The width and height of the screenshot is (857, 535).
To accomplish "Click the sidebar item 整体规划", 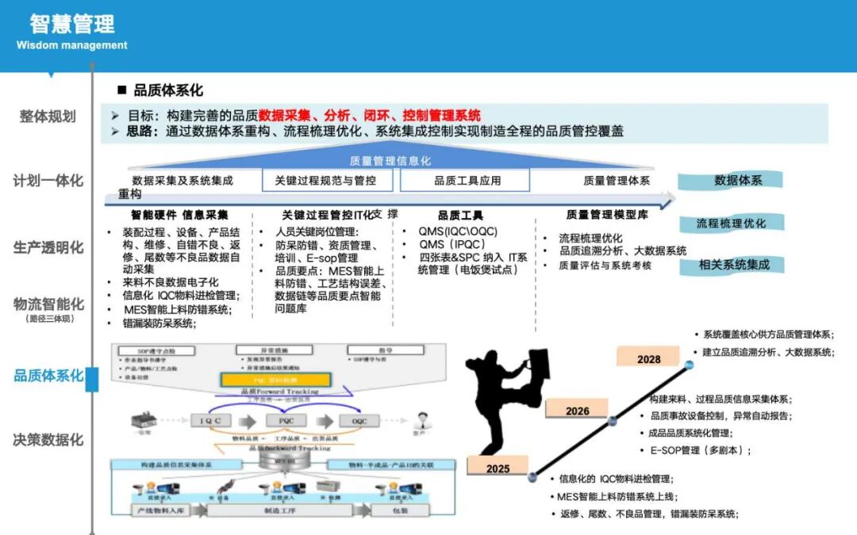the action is click(x=48, y=117).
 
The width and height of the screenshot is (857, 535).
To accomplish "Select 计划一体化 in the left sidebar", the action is click(x=48, y=180).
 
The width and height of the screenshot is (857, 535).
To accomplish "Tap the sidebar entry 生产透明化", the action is click(x=48, y=247).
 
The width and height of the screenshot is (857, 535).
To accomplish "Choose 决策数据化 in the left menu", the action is click(x=48, y=440).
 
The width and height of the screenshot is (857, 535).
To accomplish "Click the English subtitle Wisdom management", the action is click(x=71, y=45).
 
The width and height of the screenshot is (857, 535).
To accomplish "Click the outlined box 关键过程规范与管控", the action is click(x=330, y=180).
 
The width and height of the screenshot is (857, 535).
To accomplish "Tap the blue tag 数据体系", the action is click(x=737, y=180).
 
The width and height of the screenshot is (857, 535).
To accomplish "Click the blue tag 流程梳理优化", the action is click(x=731, y=224).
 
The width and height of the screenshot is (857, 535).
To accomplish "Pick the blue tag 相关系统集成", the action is click(x=733, y=265).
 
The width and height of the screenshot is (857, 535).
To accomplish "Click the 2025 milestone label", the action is click(x=498, y=468).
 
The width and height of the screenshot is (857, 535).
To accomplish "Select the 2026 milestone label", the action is click(x=577, y=411).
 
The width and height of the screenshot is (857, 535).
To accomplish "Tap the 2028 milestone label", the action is click(x=648, y=359).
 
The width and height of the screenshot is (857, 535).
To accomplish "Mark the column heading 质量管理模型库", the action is click(x=607, y=215).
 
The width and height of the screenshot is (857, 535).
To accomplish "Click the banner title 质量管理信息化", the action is click(x=390, y=161).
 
